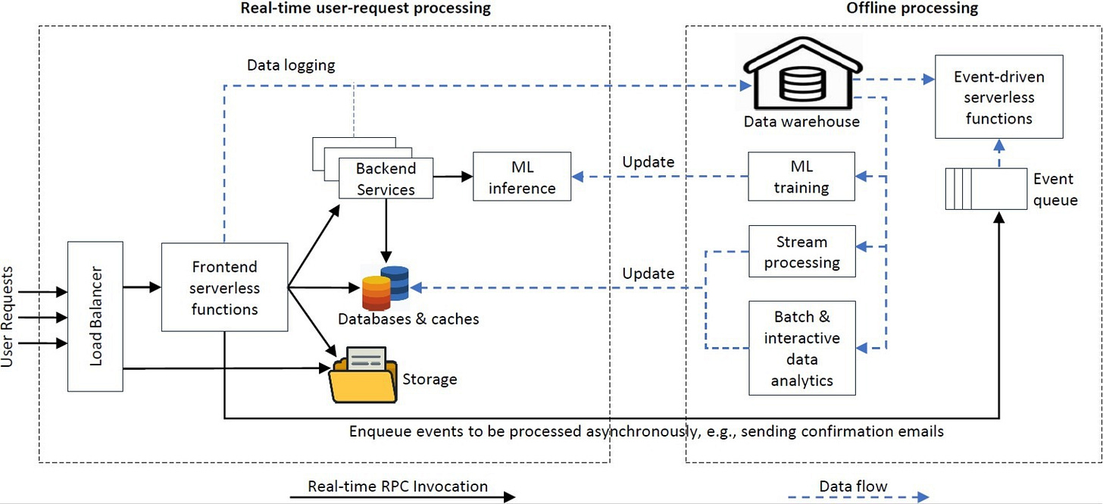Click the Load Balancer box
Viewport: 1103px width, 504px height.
[x=95, y=316]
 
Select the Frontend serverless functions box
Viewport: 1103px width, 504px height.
[x=224, y=286]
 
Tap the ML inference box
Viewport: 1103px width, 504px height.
[x=522, y=177]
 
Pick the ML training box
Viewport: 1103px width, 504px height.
[x=801, y=177]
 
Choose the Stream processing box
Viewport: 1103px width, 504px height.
[x=801, y=252]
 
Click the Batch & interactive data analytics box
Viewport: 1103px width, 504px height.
[x=801, y=348]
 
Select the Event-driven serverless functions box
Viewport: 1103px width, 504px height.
[x=998, y=96]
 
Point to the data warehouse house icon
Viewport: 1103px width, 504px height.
[x=803, y=73]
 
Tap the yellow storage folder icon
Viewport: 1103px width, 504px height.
[x=364, y=375]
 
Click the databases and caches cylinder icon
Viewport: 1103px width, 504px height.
[x=386, y=288]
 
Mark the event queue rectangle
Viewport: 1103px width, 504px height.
[x=986, y=189]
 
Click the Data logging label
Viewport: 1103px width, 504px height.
[x=291, y=65]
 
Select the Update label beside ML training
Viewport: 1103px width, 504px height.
[x=648, y=162]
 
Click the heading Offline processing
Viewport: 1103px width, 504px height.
[x=912, y=8]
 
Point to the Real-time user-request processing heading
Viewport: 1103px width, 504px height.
[x=365, y=8]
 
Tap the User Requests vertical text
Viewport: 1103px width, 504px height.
[x=7, y=317]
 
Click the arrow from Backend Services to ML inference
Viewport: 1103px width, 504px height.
[x=453, y=177]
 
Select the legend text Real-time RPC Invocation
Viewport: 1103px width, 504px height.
[x=398, y=487]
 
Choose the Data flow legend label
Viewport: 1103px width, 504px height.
[x=853, y=487]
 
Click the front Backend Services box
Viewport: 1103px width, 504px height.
[x=386, y=178]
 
